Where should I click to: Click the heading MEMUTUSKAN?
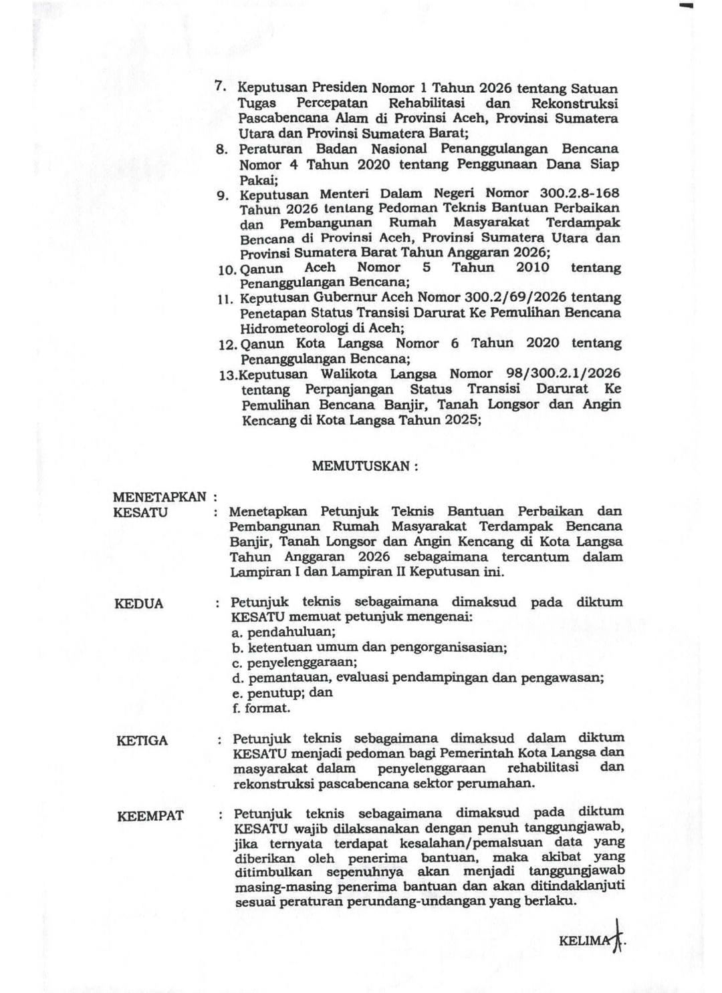364,466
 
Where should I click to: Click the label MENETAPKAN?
160,497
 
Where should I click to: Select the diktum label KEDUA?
138,604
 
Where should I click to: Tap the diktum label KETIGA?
142,741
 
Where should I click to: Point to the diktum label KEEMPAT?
150,815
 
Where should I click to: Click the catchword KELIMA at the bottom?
585,940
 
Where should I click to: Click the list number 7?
219,87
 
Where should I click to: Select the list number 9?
222,196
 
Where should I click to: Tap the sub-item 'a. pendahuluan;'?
283,632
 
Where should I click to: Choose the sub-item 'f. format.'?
261,708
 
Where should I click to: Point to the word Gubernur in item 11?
346,297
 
